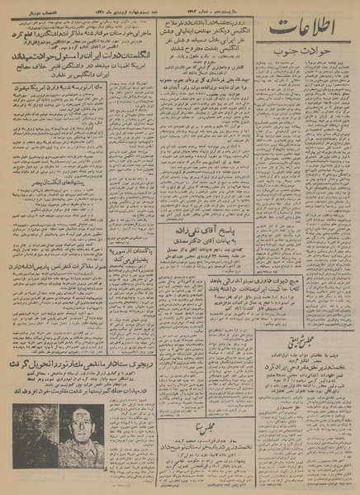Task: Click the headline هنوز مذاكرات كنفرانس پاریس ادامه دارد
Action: (68, 245)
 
